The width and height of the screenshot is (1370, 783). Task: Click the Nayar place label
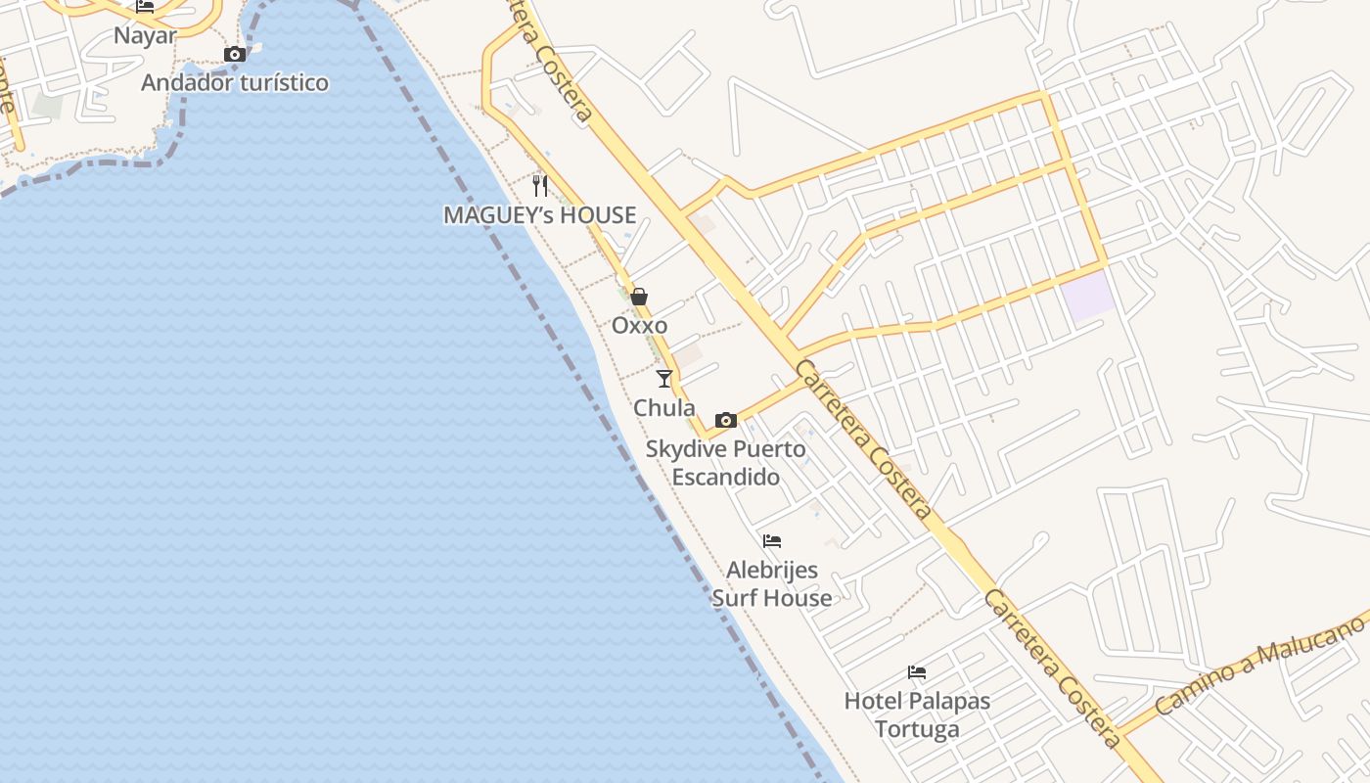click(x=145, y=36)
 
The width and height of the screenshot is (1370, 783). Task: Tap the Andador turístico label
click(x=235, y=82)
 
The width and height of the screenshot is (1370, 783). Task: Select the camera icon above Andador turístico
click(x=235, y=55)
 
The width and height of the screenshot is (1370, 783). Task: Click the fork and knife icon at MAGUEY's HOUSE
click(x=540, y=185)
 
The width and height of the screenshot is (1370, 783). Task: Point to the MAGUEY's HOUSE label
click(x=540, y=215)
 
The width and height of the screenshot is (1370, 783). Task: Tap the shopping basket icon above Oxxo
click(x=639, y=297)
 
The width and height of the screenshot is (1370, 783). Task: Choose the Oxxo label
click(x=640, y=326)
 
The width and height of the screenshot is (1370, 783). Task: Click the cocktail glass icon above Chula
click(x=664, y=378)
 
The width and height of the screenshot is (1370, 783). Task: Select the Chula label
click(x=664, y=408)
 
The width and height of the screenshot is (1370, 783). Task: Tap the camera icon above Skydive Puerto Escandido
click(x=725, y=420)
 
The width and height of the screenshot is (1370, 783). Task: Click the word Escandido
click(x=725, y=478)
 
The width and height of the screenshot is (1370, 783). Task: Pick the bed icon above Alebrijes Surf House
click(x=772, y=540)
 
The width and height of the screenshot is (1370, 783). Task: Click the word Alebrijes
click(x=772, y=570)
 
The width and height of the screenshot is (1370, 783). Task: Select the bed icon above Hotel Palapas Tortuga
click(x=917, y=672)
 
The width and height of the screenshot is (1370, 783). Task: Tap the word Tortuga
click(x=917, y=729)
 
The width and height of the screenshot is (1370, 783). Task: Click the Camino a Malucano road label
click(x=1260, y=665)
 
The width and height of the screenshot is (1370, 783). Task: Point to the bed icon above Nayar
click(x=145, y=7)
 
